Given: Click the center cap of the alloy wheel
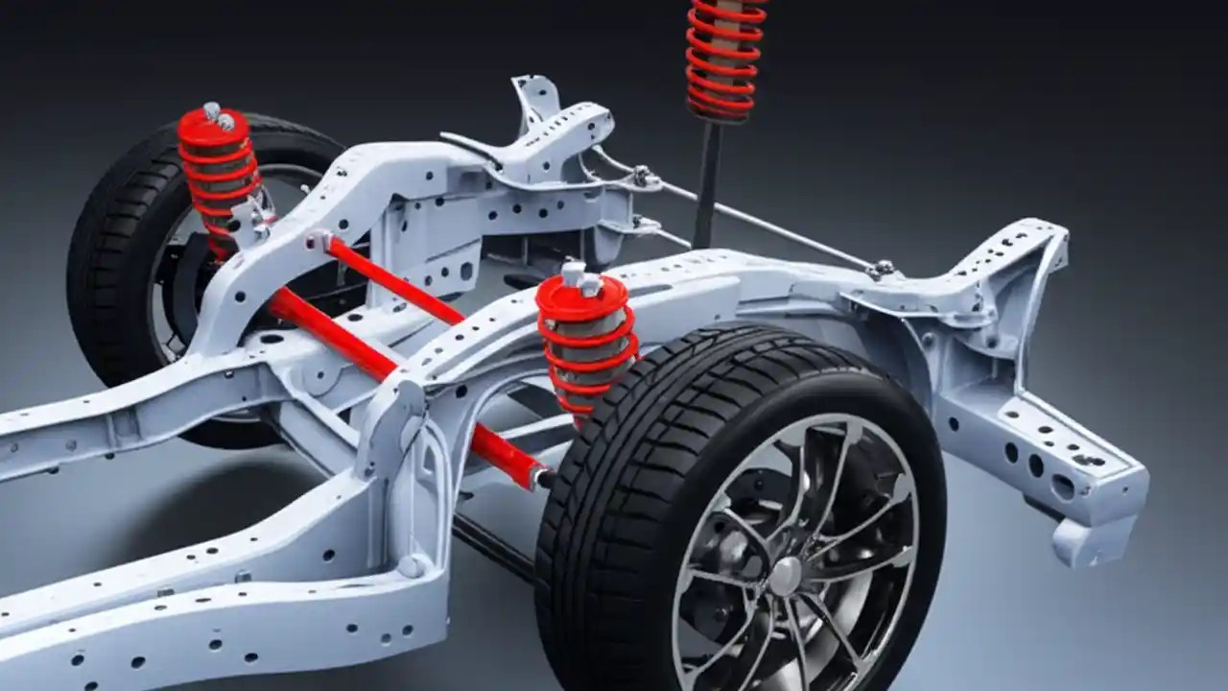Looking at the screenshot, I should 786,576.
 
